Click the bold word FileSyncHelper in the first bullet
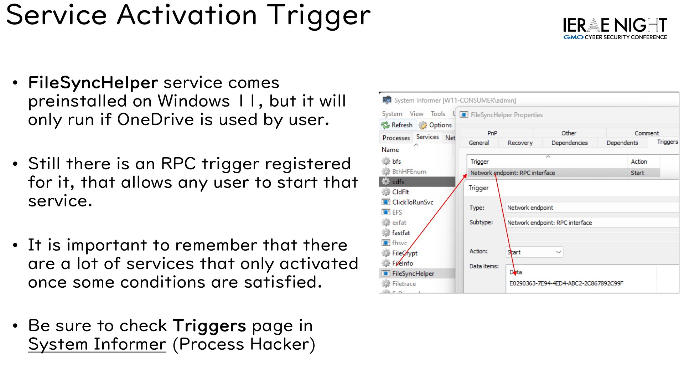point(93,83)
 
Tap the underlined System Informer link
point(97,344)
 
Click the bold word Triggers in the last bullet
point(209,326)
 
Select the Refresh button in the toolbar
point(397,125)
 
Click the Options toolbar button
point(435,125)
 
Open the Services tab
point(427,137)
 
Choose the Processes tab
point(396,138)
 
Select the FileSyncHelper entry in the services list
point(413,273)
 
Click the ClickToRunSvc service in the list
point(413,202)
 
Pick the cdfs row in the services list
point(398,182)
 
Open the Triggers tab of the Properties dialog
point(667,142)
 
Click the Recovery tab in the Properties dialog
point(520,143)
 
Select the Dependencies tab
point(570,143)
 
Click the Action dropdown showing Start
point(534,252)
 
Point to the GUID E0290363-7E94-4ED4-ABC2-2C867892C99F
point(566,283)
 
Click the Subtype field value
point(549,223)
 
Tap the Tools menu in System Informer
point(438,114)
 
